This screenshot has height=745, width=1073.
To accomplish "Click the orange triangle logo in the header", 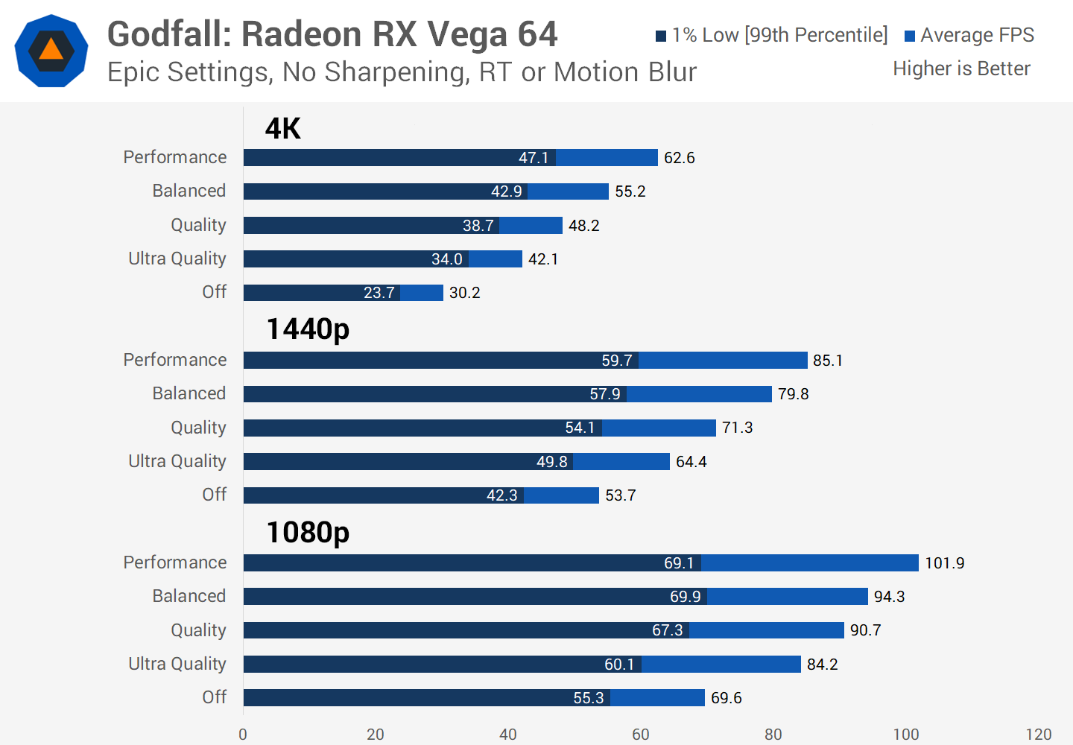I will pyautogui.click(x=51, y=51).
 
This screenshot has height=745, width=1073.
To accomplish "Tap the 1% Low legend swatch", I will pyautogui.click(x=661, y=36).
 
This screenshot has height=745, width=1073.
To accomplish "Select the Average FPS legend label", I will pyautogui.click(x=977, y=35).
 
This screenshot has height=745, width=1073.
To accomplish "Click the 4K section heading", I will pyautogui.click(x=282, y=128).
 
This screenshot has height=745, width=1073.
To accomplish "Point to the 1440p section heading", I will pyautogui.click(x=308, y=329).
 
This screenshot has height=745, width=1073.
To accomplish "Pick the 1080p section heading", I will pyautogui.click(x=308, y=532).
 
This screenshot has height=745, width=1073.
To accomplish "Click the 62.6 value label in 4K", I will pyautogui.click(x=679, y=158).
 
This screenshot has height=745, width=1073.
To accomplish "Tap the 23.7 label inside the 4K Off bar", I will pyautogui.click(x=379, y=293).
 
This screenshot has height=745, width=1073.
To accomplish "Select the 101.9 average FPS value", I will pyautogui.click(x=944, y=563).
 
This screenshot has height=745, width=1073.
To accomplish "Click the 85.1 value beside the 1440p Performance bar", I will pyautogui.click(x=827, y=361).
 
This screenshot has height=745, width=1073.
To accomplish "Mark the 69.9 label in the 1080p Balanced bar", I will pyautogui.click(x=685, y=597).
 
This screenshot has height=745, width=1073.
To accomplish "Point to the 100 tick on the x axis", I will pyautogui.click(x=906, y=735).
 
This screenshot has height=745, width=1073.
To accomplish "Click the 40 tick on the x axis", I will pyautogui.click(x=508, y=735).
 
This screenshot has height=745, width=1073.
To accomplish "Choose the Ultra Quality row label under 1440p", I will pyautogui.click(x=177, y=461).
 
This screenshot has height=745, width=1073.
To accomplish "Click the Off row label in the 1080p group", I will pyautogui.click(x=215, y=697).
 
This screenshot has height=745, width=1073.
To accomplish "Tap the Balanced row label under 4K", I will pyautogui.click(x=189, y=191).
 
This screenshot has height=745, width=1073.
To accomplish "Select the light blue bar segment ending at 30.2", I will pyautogui.click(x=422, y=293).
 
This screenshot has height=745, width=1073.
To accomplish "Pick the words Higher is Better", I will pyautogui.click(x=961, y=69).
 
